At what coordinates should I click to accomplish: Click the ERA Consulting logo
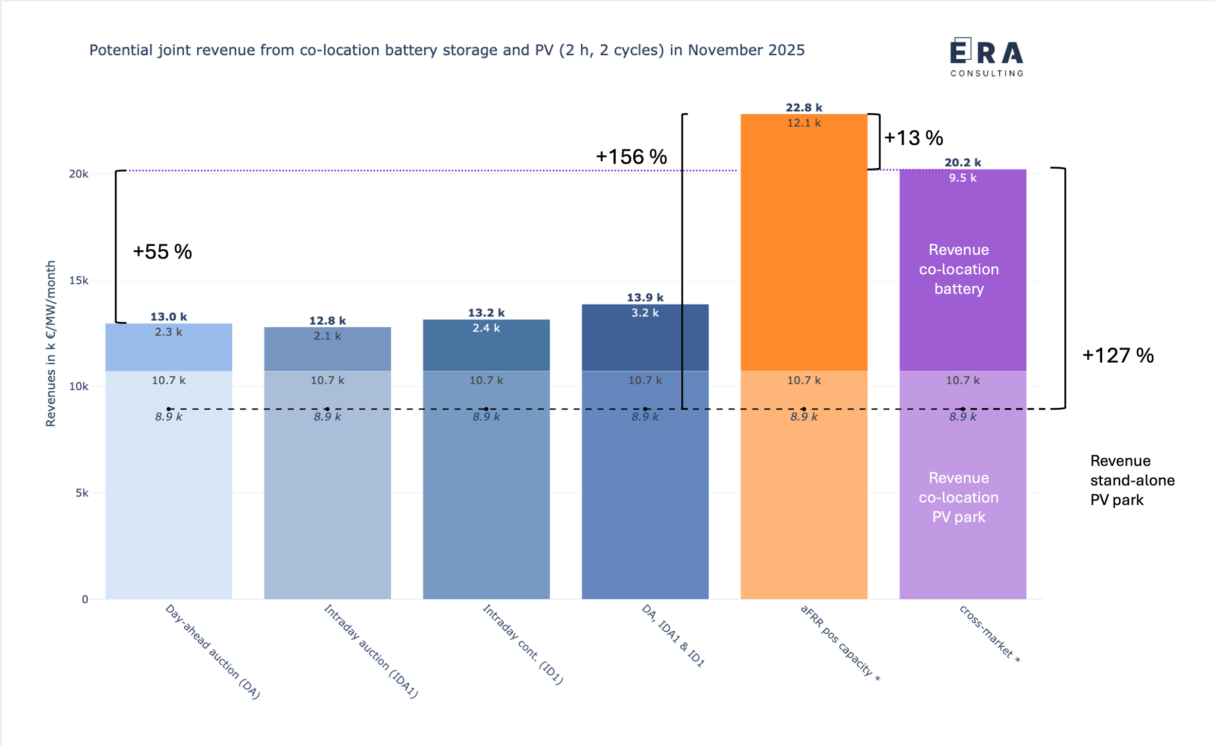(987, 57)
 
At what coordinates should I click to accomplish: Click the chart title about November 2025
(447, 51)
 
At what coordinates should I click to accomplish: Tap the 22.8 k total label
(803, 107)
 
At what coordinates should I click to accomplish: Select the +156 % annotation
(631, 157)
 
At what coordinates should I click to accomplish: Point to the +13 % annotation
(913, 138)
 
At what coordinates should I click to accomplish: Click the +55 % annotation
(162, 252)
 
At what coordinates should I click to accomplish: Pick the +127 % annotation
(1117, 356)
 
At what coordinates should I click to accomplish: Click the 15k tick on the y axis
(78, 280)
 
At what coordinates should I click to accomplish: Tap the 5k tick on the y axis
(82, 493)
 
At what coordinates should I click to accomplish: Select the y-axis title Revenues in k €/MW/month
(51, 344)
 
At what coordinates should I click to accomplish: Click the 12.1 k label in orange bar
(803, 123)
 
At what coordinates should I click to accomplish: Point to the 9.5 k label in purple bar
(962, 177)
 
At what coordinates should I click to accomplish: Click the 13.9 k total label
(645, 297)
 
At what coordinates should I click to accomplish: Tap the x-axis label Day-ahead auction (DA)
(212, 651)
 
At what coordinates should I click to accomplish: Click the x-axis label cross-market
(989, 634)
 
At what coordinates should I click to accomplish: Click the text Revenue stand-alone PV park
(1131, 480)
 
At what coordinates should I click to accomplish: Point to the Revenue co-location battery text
(958, 269)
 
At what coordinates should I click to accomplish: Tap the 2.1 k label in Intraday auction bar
(327, 336)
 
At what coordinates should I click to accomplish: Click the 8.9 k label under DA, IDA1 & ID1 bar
(645, 416)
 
